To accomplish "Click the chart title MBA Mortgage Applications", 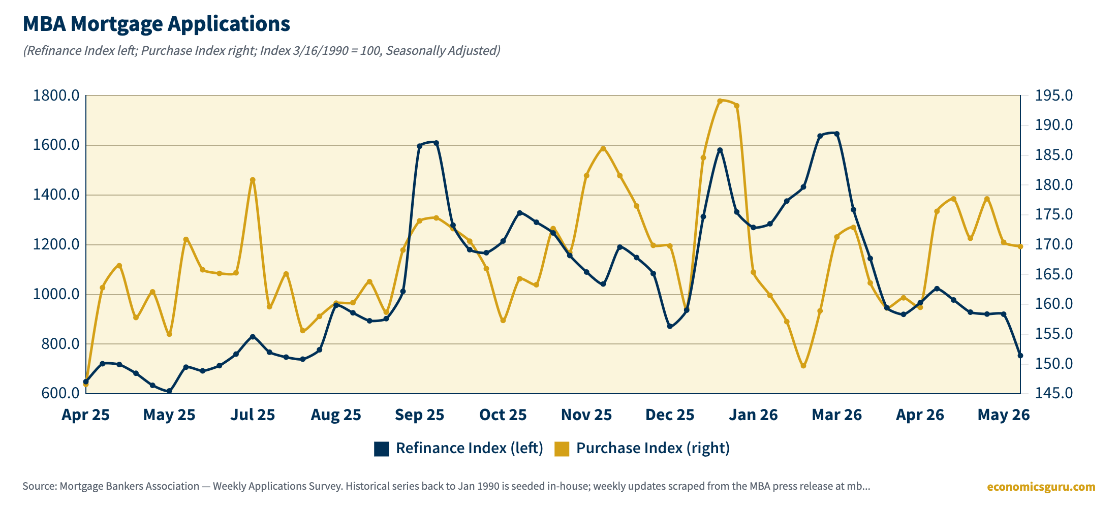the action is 157,24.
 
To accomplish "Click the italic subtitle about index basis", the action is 262,51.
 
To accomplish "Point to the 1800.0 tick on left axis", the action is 56,96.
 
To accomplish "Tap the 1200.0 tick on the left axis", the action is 56,244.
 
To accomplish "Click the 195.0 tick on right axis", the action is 1054,96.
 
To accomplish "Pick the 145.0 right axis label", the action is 1054,393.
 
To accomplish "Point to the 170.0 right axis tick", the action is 1054,244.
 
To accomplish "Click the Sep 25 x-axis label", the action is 420,415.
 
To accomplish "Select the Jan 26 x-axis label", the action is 753,415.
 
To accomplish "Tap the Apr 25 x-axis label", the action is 85,415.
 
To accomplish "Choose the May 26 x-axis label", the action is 1004,415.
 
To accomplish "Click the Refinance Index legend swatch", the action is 382,449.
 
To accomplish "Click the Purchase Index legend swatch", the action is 562,449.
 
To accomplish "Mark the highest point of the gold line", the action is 720,101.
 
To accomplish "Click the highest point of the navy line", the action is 837,134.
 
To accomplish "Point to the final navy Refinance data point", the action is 1020,356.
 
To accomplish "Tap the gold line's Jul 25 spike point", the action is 253,180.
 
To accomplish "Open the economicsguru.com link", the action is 1041,487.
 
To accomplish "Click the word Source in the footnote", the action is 39,486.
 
